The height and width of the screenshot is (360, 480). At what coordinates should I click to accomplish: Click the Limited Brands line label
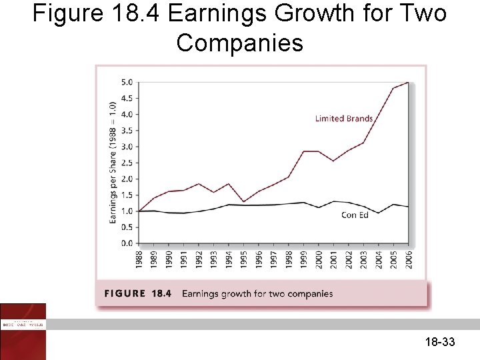[343, 119]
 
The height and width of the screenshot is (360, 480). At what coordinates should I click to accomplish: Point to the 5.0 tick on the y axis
[126, 82]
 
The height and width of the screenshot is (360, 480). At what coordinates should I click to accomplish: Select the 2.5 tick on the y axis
[126, 163]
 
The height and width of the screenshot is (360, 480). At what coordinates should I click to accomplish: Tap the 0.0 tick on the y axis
[126, 243]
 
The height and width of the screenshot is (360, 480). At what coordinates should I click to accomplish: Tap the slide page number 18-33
[439, 343]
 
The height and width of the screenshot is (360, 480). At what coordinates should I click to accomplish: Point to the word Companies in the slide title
[239, 43]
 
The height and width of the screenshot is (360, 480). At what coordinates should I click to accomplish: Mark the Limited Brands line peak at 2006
[407, 82]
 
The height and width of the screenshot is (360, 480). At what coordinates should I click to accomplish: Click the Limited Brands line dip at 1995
[243, 201]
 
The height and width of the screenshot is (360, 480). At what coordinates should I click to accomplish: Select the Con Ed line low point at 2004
[378, 213]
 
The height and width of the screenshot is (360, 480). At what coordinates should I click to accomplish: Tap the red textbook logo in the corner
[23, 331]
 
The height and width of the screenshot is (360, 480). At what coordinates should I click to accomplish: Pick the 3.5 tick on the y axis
[126, 130]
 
